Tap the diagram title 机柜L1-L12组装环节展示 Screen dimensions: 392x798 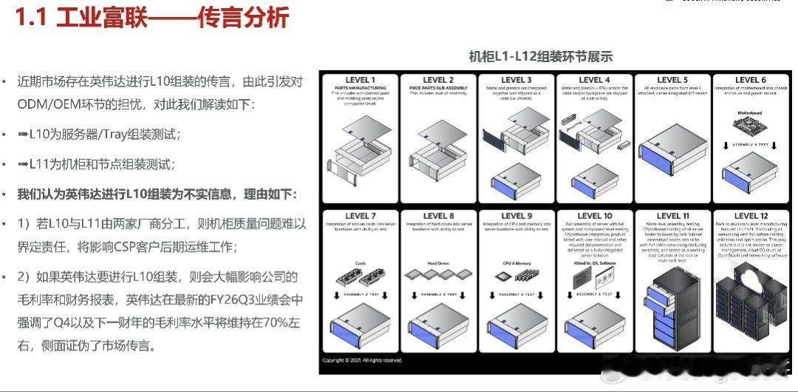click(541, 56)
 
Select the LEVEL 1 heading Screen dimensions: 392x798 click(360, 80)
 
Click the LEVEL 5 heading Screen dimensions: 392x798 click(669, 80)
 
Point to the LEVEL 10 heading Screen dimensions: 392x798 click(592, 216)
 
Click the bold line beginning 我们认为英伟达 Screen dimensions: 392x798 click(157, 194)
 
